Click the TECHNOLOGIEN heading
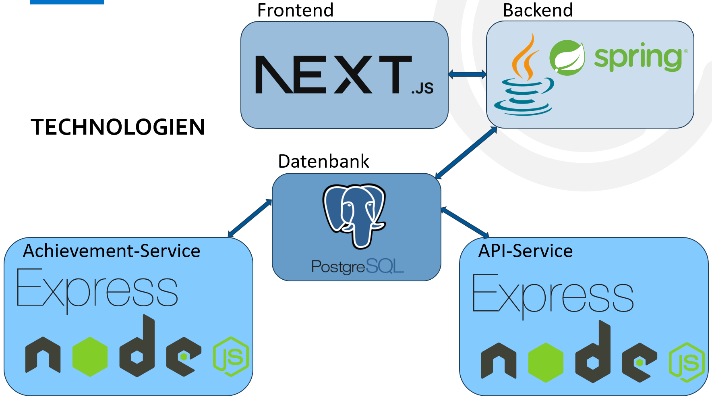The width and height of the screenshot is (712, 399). (118, 127)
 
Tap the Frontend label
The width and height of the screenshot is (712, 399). (295, 10)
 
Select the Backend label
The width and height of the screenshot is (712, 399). (537, 10)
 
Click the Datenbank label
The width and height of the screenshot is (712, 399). (323, 161)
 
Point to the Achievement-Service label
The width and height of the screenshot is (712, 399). (112, 251)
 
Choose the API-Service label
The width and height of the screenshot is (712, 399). (525, 251)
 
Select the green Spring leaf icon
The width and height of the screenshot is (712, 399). (567, 58)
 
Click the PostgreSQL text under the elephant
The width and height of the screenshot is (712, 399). (357, 266)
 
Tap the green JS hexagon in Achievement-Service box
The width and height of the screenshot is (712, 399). (231, 357)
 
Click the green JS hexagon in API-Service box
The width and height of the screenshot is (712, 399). (687, 362)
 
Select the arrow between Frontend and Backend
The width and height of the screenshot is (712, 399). (467, 74)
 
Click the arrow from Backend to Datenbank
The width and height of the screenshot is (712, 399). (466, 153)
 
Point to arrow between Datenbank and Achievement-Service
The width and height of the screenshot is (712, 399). (250, 218)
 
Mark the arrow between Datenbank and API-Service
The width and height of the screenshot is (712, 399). (465, 222)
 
